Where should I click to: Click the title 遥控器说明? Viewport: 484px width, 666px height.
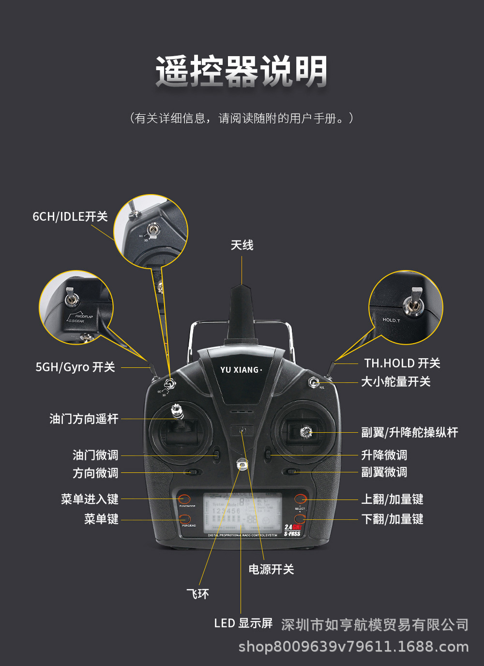242,72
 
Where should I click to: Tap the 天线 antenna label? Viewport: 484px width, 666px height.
242,245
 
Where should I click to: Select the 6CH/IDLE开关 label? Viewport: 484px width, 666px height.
70,216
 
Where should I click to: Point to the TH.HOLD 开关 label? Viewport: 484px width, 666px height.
402,363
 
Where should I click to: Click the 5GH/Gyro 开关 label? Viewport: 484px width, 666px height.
75,367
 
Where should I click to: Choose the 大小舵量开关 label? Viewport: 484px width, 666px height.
396,382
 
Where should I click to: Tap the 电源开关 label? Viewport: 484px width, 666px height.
271,569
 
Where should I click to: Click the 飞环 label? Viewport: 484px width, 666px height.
198,594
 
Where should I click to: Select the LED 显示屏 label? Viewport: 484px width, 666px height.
243,623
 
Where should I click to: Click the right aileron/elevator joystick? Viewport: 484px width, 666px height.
305,432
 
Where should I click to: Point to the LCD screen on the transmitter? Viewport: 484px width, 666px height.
242,513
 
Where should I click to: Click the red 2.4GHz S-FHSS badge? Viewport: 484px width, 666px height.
292,530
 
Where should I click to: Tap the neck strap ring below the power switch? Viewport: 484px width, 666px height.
242,465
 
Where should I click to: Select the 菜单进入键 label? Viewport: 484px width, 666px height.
90,499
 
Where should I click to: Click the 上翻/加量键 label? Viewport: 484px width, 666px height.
393,499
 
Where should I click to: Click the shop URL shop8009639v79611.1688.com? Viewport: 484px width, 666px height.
354,647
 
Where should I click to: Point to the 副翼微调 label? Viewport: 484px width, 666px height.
384,472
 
